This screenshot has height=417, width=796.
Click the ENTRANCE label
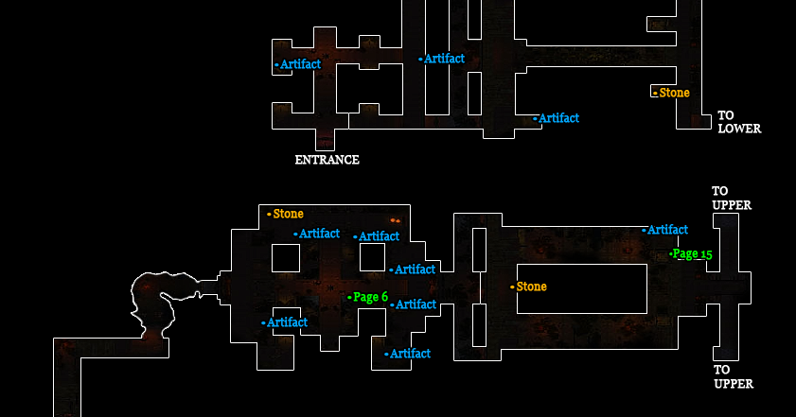(x=327, y=160)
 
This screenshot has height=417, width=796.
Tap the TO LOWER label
(x=738, y=122)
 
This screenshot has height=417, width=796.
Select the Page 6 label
(x=370, y=297)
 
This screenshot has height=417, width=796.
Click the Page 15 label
(x=693, y=253)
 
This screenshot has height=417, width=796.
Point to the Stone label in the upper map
(x=674, y=93)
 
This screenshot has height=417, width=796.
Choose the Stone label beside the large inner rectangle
(x=531, y=287)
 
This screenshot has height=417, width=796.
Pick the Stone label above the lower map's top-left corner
(x=288, y=214)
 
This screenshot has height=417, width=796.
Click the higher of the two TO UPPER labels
(x=732, y=198)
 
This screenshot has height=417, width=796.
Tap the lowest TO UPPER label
(x=733, y=376)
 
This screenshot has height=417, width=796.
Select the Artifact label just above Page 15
(x=667, y=229)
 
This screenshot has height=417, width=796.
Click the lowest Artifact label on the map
(x=410, y=354)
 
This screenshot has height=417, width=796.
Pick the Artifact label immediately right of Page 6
(x=416, y=304)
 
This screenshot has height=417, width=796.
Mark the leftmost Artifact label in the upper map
(x=300, y=64)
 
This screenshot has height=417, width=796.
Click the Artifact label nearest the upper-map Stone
(x=558, y=118)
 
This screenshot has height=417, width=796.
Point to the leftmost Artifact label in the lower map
(x=287, y=322)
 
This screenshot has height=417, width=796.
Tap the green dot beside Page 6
(x=349, y=297)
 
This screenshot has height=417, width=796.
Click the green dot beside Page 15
(x=671, y=253)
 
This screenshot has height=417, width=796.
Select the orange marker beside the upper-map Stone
(x=655, y=93)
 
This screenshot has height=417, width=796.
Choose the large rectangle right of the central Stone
(x=581, y=289)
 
